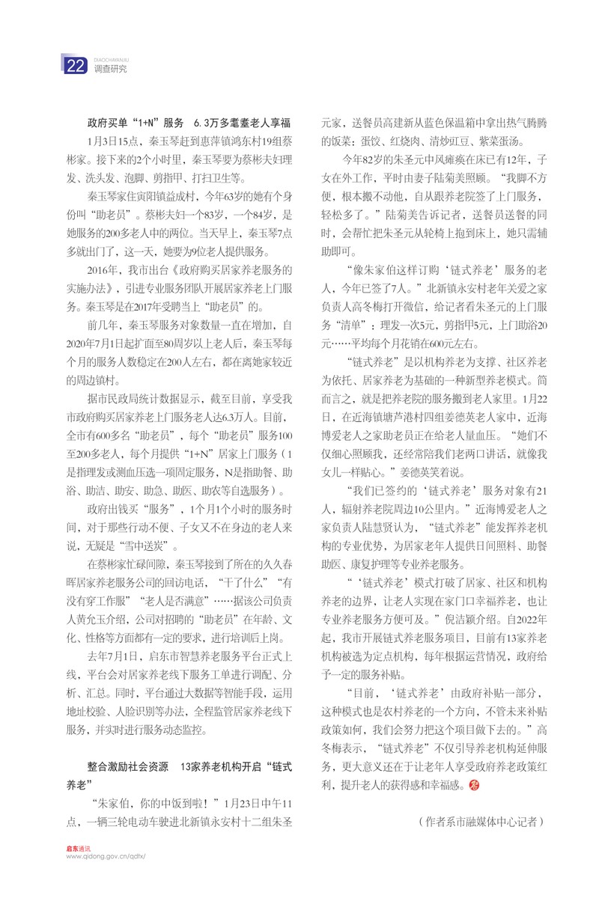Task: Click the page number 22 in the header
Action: [x=76, y=67]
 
